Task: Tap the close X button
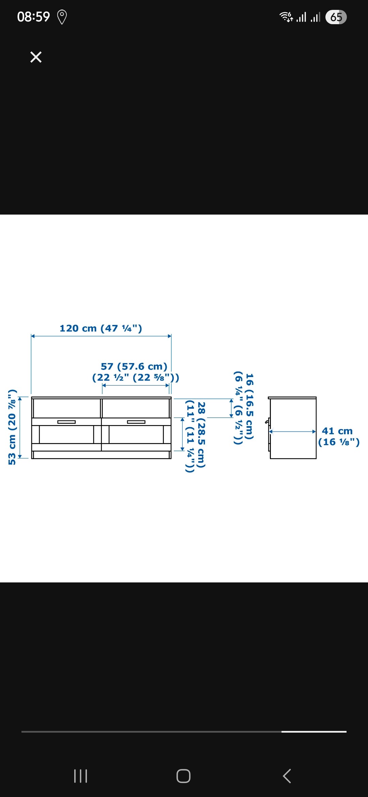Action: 36,57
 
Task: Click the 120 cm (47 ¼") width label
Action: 101,328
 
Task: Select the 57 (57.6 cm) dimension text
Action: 134,366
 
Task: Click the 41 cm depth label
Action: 337,431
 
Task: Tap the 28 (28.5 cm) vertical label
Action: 201,435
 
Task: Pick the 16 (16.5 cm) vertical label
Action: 250,407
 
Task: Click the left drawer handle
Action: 66,422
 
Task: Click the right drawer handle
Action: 136,422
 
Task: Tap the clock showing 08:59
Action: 33,17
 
